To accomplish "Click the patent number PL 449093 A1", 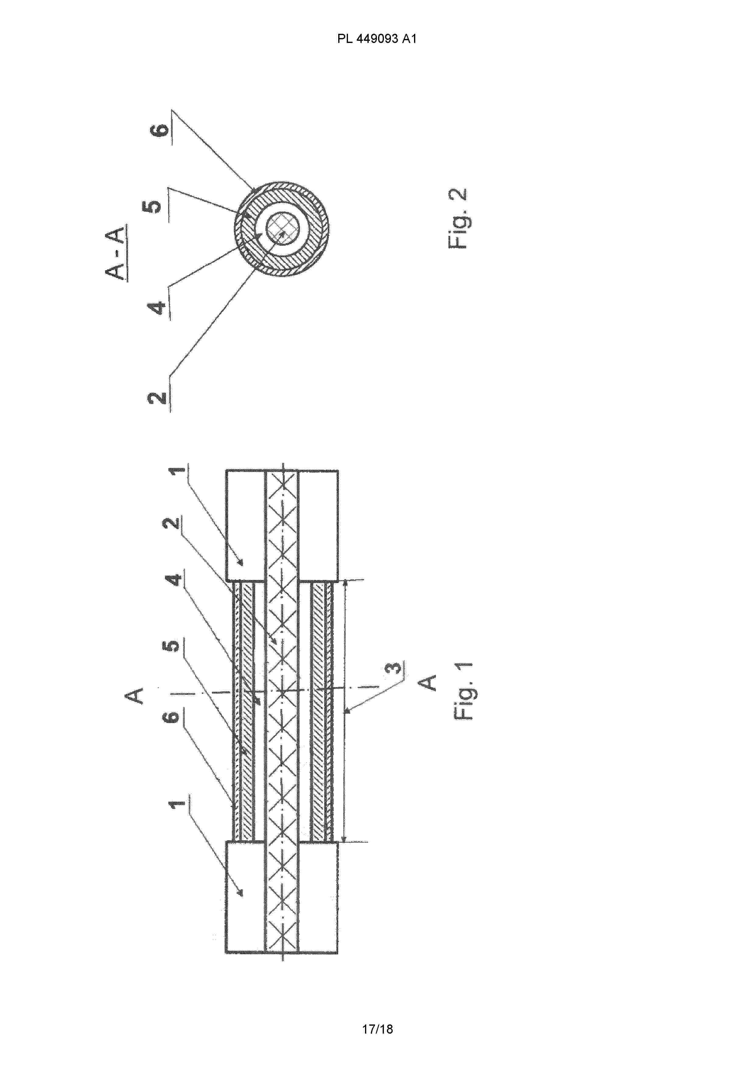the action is (377, 39).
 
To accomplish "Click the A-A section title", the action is (116, 254).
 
